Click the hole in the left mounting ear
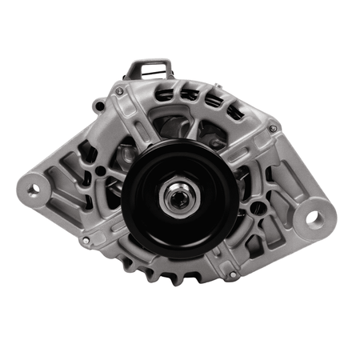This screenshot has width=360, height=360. coord(34,189)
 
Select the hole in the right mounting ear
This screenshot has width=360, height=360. coord(314,217)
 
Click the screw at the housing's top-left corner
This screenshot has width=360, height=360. coord(119,91)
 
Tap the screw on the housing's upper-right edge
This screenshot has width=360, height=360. coord(273,128)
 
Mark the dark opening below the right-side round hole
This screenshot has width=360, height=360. coord(259,233)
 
